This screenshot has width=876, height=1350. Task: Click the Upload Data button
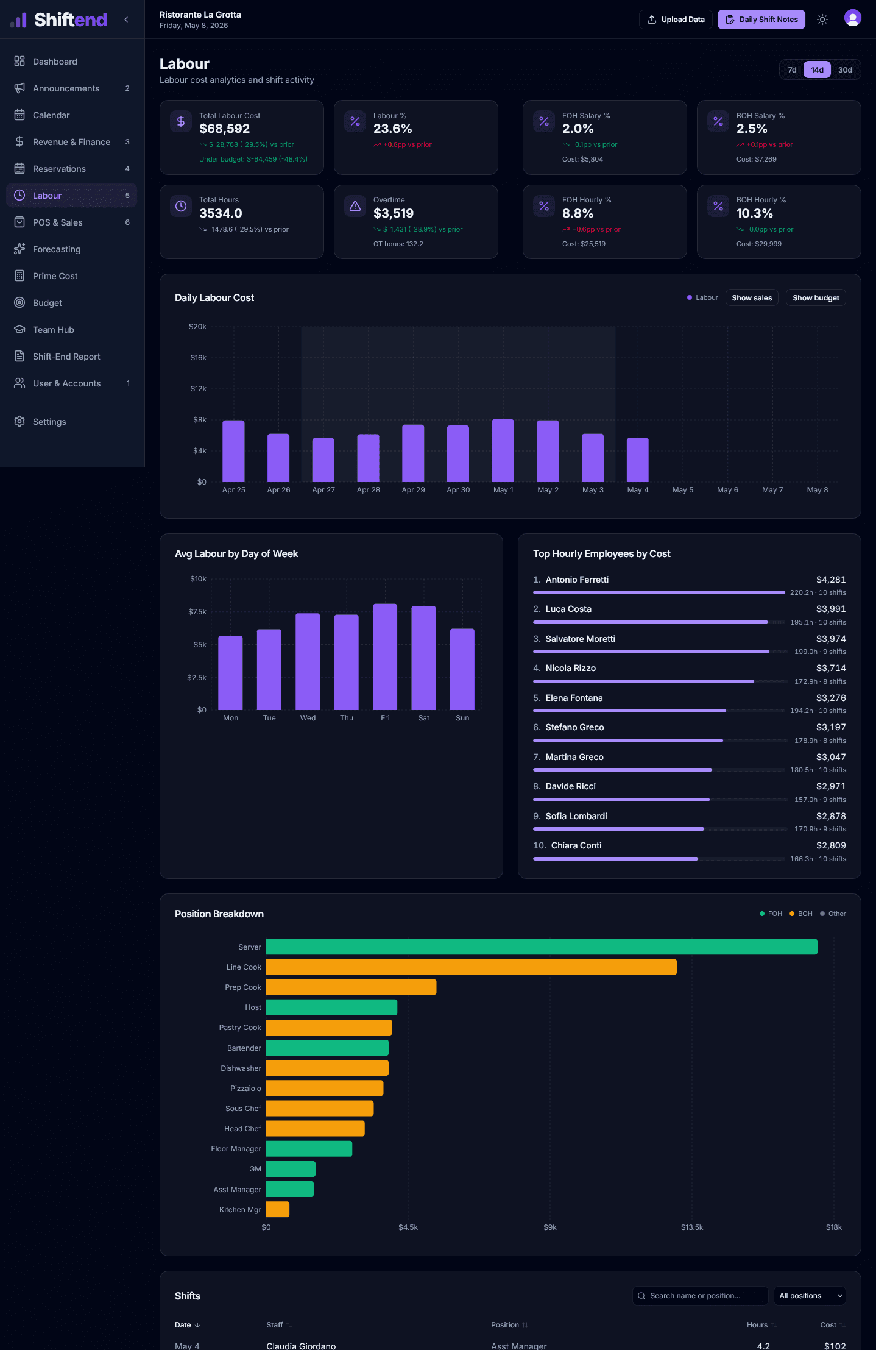click(676, 20)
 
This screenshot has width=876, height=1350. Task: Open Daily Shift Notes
click(761, 20)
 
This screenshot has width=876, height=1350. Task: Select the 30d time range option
click(845, 70)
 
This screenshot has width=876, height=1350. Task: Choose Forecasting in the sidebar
click(57, 249)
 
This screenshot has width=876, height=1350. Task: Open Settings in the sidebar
click(49, 422)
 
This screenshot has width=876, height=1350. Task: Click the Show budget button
click(816, 298)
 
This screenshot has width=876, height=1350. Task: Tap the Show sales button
click(752, 298)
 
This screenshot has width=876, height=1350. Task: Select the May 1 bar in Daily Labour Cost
click(503, 450)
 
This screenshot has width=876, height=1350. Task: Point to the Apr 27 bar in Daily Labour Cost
click(323, 460)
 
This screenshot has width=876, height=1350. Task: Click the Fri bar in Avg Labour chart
click(385, 657)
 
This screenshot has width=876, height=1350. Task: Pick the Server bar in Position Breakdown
click(542, 947)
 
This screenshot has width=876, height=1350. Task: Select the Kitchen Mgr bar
click(278, 1210)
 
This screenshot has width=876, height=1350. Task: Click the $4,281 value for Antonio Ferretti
click(831, 580)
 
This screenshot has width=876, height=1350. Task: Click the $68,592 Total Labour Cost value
click(225, 129)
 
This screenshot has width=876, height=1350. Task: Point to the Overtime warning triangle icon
click(355, 207)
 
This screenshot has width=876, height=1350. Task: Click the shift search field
click(700, 1296)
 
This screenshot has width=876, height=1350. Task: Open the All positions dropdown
click(810, 1296)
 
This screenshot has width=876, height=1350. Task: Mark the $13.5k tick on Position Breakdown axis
click(692, 1227)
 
